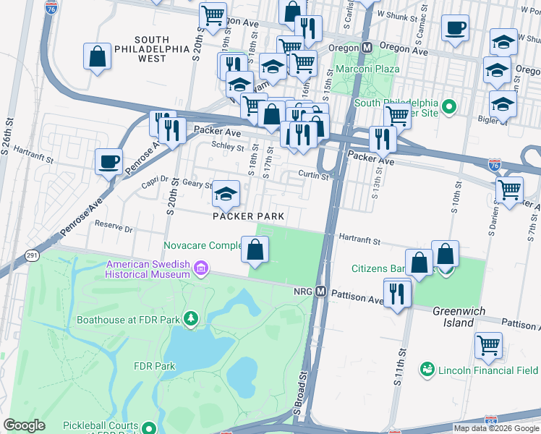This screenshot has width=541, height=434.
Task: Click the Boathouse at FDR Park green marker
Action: tap(190, 318)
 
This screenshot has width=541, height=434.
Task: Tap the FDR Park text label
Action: tap(155, 366)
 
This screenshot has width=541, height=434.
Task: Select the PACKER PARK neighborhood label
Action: tap(248, 216)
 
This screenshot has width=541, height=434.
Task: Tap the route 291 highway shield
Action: tap(32, 255)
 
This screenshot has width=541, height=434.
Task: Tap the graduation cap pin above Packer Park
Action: tap(226, 192)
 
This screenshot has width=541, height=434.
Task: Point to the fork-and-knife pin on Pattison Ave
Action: tap(397, 293)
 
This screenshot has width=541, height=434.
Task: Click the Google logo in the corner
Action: tap(24, 425)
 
